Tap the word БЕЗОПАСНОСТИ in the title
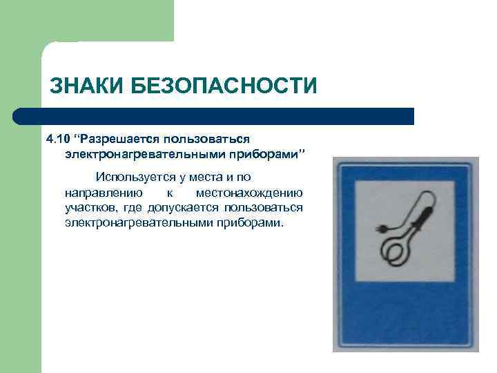click(x=222, y=87)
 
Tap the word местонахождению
click(x=249, y=192)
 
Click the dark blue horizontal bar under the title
click(x=213, y=116)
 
